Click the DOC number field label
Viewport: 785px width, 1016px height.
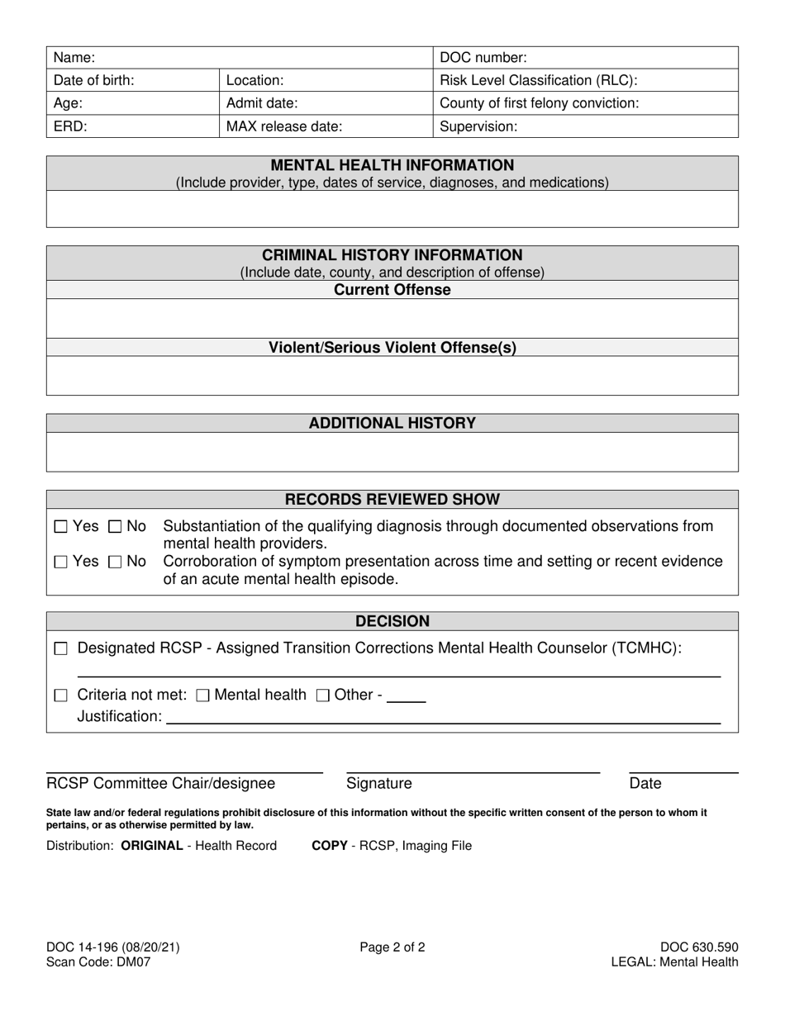pyautogui.click(x=483, y=58)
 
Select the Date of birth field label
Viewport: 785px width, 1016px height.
pyautogui.click(x=94, y=81)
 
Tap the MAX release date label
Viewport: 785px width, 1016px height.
pyautogui.click(x=284, y=127)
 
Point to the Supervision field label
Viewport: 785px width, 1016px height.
pyautogui.click(x=479, y=127)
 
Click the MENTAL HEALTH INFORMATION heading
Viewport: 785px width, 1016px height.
pyautogui.click(x=392, y=165)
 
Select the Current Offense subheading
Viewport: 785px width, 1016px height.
pyautogui.click(x=392, y=290)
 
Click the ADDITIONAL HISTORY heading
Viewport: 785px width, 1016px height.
pyautogui.click(x=392, y=423)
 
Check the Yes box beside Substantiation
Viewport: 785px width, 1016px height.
pyautogui.click(x=60, y=527)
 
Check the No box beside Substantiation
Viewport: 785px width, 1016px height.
pyautogui.click(x=116, y=527)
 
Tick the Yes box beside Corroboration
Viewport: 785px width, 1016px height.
pyautogui.click(x=60, y=563)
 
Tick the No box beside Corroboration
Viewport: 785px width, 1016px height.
pyautogui.click(x=116, y=563)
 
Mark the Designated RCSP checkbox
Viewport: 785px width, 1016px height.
pyautogui.click(x=60, y=649)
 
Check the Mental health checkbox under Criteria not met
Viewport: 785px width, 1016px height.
pyautogui.click(x=202, y=696)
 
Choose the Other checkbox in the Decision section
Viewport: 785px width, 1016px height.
pyautogui.click(x=324, y=696)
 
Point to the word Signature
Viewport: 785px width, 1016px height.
pyautogui.click(x=379, y=784)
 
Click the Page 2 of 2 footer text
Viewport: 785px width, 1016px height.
pyautogui.click(x=392, y=947)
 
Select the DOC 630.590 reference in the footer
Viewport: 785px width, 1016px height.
pyautogui.click(x=699, y=947)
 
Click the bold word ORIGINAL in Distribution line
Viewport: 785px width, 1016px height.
pyautogui.click(x=152, y=846)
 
